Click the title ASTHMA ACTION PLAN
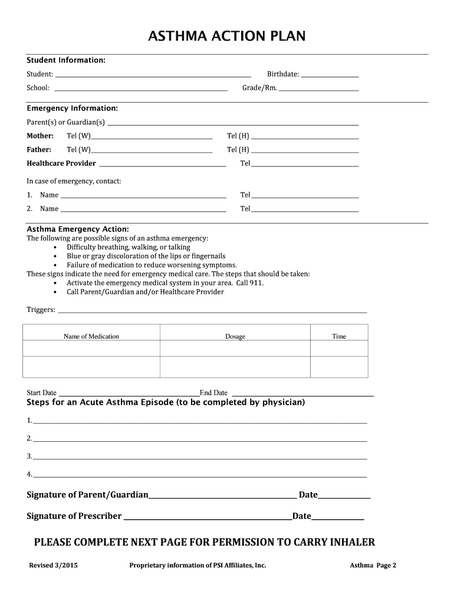[x=227, y=37]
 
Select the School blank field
[x=141, y=90]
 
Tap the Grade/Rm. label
[x=259, y=88]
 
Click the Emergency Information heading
[x=73, y=109]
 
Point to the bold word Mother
[x=40, y=136]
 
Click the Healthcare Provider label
[x=61, y=163]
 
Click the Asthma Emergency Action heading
[x=78, y=229]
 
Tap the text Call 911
[x=250, y=283]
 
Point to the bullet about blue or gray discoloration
[x=146, y=256]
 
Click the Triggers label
[x=41, y=310]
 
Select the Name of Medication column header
[x=91, y=337]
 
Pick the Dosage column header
[x=235, y=337]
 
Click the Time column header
[x=339, y=337]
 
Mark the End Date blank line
[x=303, y=395]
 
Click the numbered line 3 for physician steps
[x=200, y=458]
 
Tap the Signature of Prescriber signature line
[x=207, y=519]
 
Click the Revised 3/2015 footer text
[x=54, y=565]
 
